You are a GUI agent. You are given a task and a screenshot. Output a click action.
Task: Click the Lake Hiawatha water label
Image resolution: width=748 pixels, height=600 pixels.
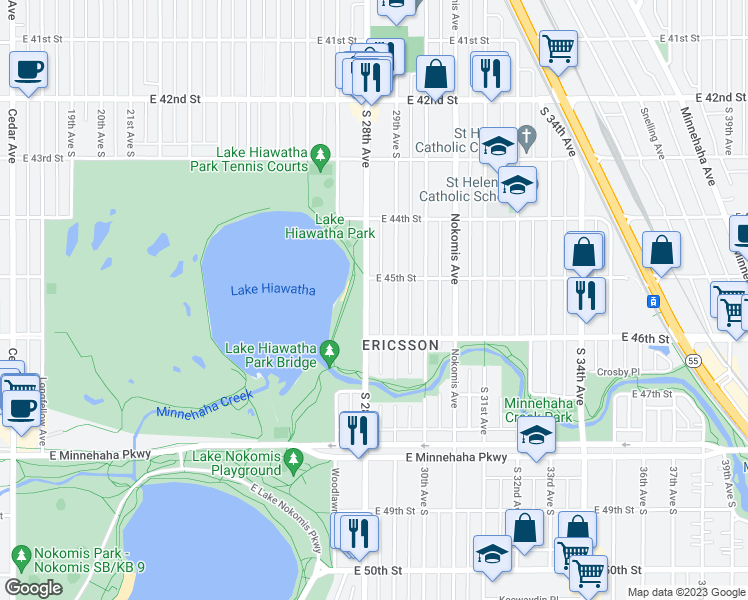pos(272,291)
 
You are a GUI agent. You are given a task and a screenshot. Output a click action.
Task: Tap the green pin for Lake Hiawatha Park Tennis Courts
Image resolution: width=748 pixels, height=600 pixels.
pos(320,155)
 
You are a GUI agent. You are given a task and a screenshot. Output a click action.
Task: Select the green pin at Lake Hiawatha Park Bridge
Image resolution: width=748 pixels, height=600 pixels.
pos(330,351)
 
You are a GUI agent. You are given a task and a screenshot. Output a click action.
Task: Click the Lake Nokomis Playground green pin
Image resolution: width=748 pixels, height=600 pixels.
pos(292,459)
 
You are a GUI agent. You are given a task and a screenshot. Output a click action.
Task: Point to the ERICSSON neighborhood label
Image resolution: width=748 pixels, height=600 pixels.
pos(400,345)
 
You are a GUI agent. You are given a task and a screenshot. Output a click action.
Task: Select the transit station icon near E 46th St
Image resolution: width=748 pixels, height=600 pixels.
pos(652,301)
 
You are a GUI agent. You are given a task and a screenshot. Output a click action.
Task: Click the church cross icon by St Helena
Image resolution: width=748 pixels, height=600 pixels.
pos(527,134)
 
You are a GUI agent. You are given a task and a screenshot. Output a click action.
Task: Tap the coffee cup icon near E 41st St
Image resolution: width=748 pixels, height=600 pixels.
pos(28,70)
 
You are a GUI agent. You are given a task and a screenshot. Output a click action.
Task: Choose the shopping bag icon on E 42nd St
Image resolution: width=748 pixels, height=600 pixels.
pos(436,73)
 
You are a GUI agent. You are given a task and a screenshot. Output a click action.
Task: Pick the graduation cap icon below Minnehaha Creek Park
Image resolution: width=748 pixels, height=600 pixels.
pos(536,436)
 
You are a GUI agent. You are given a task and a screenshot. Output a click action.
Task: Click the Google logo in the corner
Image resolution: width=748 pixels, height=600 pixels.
pos(33,588)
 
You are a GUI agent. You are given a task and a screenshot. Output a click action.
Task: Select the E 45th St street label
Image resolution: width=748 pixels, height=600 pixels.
pos(395,279)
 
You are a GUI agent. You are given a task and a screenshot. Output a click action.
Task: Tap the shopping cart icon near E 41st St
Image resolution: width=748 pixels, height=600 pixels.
pos(558,46)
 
